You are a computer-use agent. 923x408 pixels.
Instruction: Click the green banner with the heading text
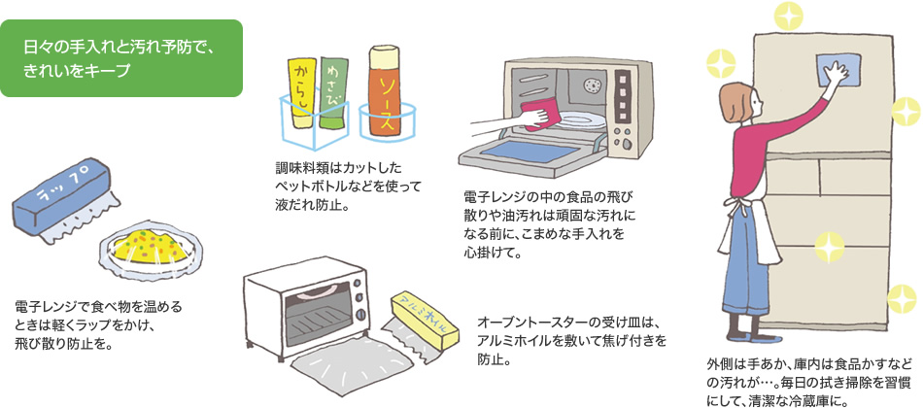121,58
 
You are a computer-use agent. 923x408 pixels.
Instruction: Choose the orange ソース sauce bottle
386,92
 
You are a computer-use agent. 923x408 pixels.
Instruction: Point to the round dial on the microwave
590,86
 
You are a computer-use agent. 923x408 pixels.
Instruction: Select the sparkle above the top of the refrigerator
784,15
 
